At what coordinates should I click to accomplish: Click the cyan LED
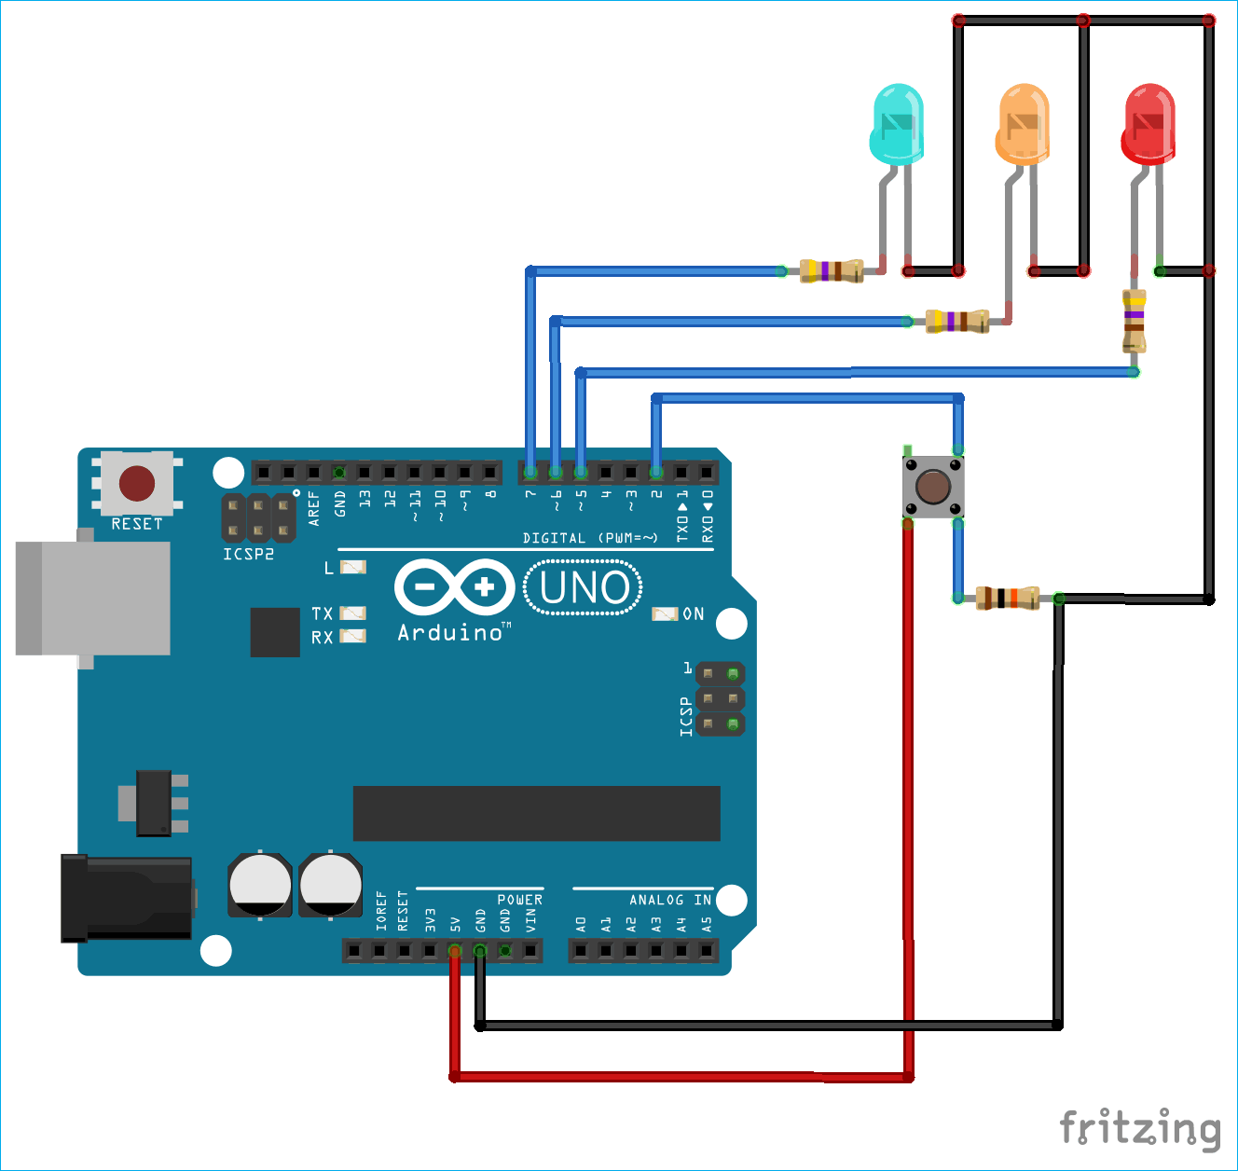tap(898, 124)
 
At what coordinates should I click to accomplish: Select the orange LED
tap(1024, 124)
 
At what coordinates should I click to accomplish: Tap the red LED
tap(1149, 124)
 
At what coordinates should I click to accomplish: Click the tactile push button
tap(933, 487)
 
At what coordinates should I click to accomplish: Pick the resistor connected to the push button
tap(1008, 599)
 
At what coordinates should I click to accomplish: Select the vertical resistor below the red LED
tap(1134, 321)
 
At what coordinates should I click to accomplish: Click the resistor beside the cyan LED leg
tap(832, 271)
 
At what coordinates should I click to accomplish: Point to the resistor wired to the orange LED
tap(956, 322)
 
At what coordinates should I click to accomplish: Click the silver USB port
tap(93, 599)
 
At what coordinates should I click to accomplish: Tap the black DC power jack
tap(128, 898)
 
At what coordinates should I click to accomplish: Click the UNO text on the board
tap(585, 588)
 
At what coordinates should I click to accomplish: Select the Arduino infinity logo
tap(454, 587)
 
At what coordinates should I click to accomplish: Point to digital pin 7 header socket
tap(530, 473)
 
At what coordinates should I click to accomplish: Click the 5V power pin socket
tap(455, 951)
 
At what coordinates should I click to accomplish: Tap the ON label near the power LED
tap(694, 613)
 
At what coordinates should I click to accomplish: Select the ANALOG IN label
tap(669, 900)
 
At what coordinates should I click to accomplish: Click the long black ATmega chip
tap(536, 813)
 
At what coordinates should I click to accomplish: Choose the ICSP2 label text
tap(248, 555)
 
